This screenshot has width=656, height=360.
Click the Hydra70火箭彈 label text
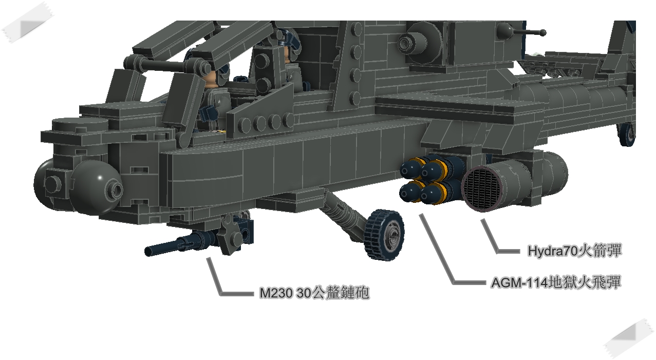click(x=574, y=251)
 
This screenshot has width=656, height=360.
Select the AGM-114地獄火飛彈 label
click(x=555, y=282)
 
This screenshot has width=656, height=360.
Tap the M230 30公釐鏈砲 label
click(x=314, y=293)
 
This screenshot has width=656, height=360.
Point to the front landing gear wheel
click(x=385, y=234)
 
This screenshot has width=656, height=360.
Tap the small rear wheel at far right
click(x=627, y=134)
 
